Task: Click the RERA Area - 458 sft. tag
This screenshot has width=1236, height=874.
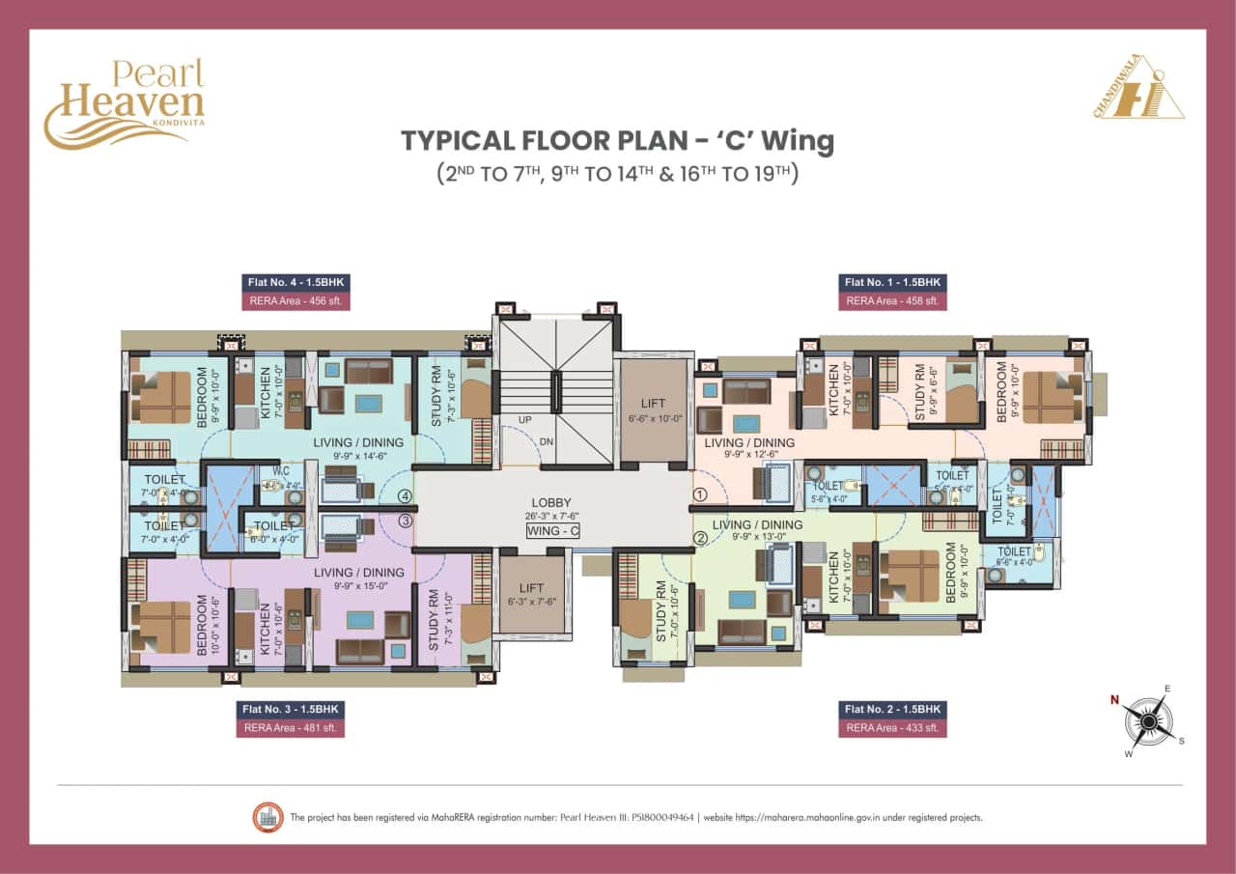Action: (x=892, y=301)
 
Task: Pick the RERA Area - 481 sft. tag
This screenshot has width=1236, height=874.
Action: (x=290, y=727)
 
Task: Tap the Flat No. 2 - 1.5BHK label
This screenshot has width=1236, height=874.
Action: (x=892, y=709)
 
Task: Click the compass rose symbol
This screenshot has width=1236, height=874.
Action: (x=1148, y=720)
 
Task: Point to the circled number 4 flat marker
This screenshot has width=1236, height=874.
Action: (x=406, y=497)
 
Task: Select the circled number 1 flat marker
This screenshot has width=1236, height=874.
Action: (x=700, y=493)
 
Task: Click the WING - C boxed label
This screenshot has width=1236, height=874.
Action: (x=551, y=531)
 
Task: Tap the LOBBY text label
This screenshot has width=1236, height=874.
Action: (x=551, y=503)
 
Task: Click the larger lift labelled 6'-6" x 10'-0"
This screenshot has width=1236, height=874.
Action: (x=654, y=409)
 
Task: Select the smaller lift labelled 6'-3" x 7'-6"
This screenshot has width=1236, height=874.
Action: (x=530, y=595)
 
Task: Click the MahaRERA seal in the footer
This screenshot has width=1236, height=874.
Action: (x=264, y=817)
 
